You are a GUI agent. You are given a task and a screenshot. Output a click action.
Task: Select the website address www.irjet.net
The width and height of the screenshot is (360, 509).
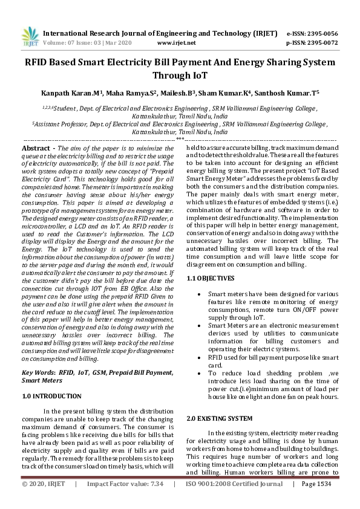click(176, 44)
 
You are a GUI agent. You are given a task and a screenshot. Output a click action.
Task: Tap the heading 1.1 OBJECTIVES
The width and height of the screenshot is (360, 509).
click(210, 278)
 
